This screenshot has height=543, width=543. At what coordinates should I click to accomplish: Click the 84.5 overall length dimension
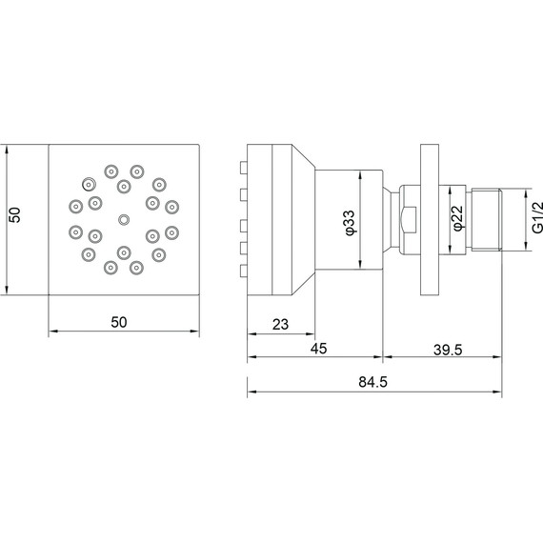point(372,382)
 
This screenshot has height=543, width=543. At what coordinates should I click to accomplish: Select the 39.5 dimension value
point(448,350)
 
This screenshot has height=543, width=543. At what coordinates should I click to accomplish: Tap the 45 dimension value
point(318,349)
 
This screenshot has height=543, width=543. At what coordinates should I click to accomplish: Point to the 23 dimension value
point(280,325)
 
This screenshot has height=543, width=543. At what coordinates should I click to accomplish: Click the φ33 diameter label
point(350,223)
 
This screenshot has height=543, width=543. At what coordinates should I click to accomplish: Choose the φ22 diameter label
point(457,218)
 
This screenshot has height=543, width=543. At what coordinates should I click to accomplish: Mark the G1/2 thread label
point(537,218)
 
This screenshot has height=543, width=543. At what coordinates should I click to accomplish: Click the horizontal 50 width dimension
point(119,322)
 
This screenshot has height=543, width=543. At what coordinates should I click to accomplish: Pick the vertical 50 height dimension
point(15,214)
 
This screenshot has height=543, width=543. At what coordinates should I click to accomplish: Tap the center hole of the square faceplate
point(124,219)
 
